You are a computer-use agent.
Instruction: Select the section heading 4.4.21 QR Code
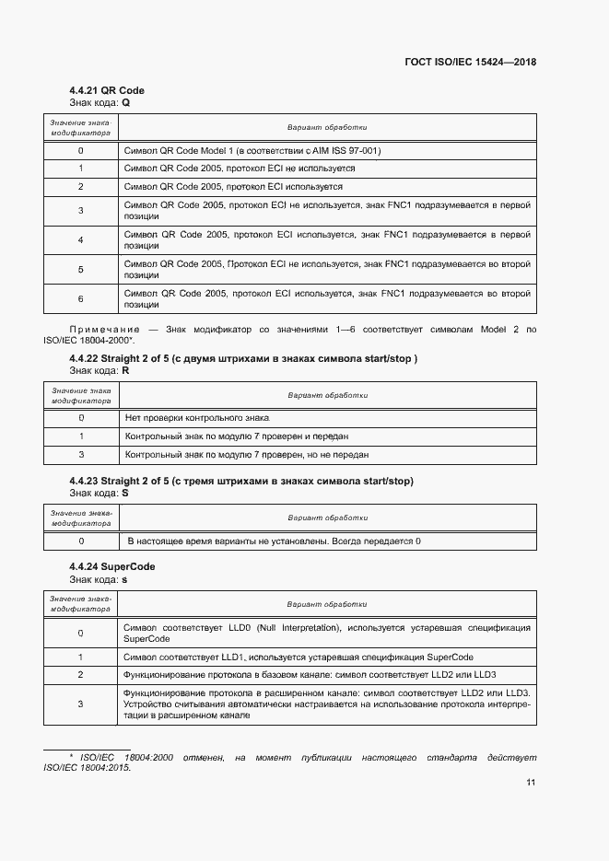[x=107, y=90]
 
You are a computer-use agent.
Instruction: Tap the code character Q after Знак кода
[x=126, y=102]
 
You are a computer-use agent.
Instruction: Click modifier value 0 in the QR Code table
[x=81, y=150]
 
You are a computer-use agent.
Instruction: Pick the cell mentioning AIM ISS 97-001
[x=252, y=150]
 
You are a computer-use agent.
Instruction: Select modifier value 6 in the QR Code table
[x=81, y=299]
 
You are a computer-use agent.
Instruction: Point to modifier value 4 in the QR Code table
[x=81, y=240]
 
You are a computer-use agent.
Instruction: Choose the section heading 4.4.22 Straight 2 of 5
[x=243, y=358]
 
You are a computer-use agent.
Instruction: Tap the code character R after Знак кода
[x=126, y=370]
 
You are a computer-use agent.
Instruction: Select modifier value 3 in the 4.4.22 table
[x=81, y=454]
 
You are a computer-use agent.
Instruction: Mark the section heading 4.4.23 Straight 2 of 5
[x=241, y=481]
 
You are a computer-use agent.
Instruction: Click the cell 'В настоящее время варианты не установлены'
[x=274, y=541]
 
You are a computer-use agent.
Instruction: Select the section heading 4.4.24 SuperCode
[x=111, y=566]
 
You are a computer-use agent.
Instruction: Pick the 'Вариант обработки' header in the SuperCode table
[x=327, y=604]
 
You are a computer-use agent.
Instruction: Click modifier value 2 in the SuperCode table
[x=81, y=675]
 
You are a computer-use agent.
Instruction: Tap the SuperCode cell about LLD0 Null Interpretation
[x=326, y=633]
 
